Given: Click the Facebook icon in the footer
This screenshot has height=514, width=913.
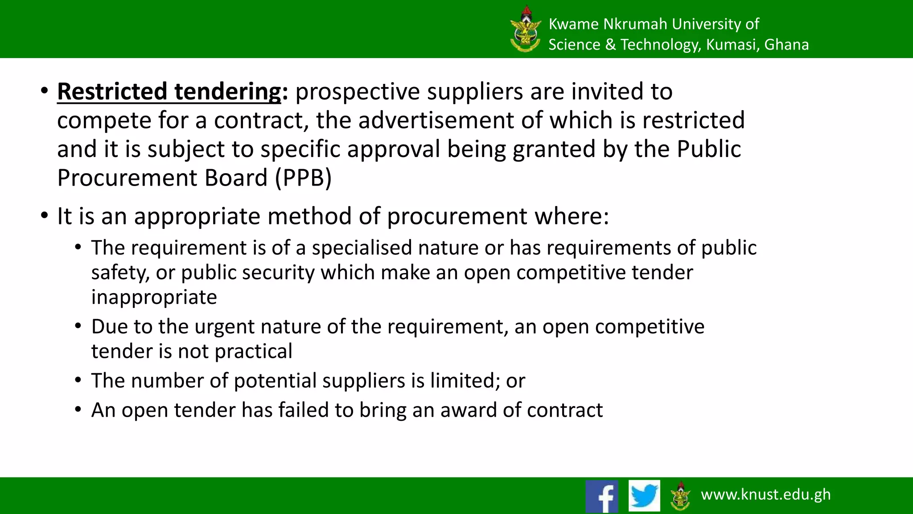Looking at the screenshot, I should click(x=602, y=496).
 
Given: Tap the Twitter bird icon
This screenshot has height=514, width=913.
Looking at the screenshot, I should click(x=644, y=496).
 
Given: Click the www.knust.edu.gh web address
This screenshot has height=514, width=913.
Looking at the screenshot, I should click(x=765, y=494).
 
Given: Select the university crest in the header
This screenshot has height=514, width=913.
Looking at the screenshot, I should click(x=526, y=29).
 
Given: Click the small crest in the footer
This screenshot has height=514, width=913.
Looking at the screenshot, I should click(x=680, y=496).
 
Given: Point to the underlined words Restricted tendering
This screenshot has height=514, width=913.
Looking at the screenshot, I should click(x=169, y=92).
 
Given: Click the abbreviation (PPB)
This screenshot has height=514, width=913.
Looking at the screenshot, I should click(x=303, y=178).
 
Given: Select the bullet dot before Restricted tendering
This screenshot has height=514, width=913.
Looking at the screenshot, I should click(x=44, y=91).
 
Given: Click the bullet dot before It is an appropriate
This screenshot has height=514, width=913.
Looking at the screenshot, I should click(x=44, y=216).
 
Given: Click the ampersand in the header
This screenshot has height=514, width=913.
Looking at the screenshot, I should click(x=610, y=45).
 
